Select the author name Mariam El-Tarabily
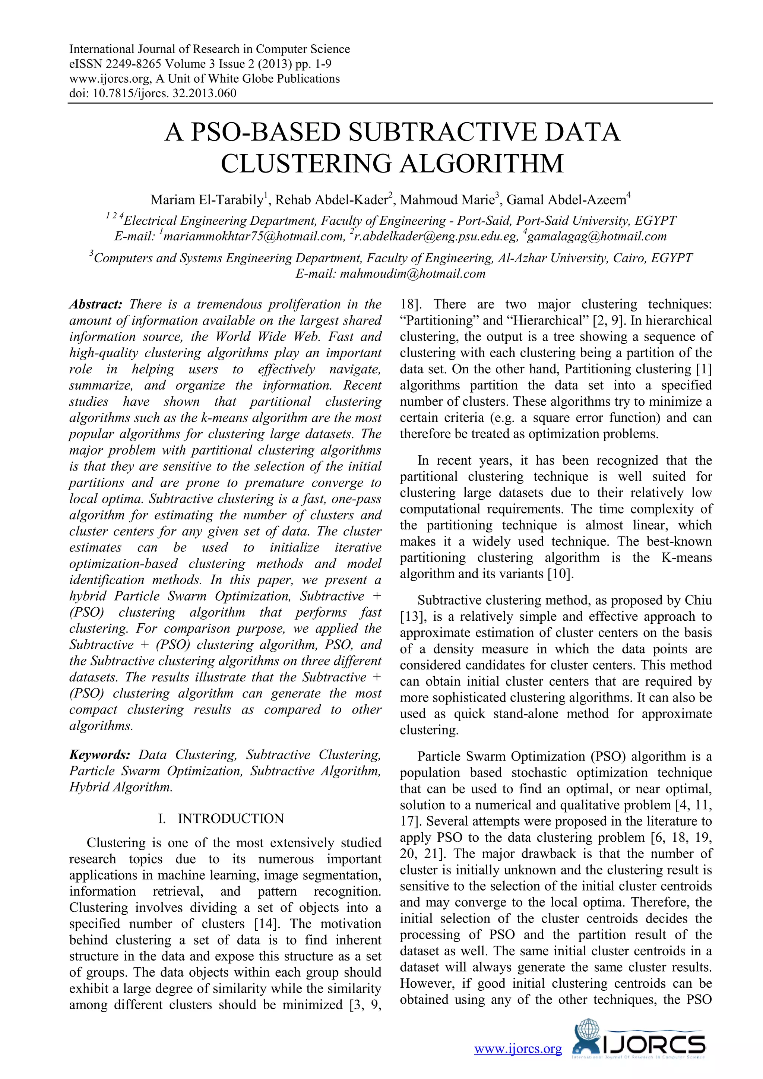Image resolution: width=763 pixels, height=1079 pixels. point(207,200)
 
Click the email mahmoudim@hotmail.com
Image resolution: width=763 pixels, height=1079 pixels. point(412,274)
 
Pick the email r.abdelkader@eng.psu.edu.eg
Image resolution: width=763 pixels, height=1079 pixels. point(435,236)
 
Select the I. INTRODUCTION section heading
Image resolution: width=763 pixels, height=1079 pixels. point(221,819)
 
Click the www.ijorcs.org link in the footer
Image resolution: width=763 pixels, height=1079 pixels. point(518,1049)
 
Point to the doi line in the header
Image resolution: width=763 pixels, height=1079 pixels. point(153,93)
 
